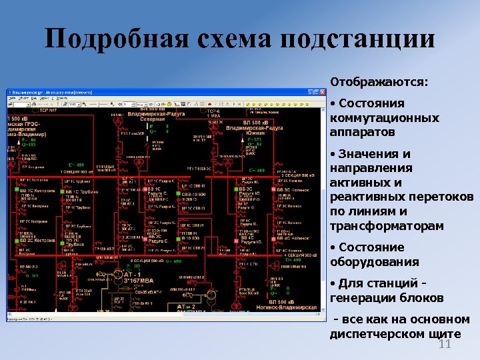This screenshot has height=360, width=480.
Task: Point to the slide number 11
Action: pyautogui.click(x=445, y=343)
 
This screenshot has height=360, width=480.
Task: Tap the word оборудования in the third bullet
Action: pyautogui.click(x=374, y=261)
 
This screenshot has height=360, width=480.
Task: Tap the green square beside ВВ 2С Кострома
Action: pyautogui.click(x=13, y=239)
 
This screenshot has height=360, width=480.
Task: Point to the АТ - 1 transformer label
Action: pyautogui.click(x=131, y=274)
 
